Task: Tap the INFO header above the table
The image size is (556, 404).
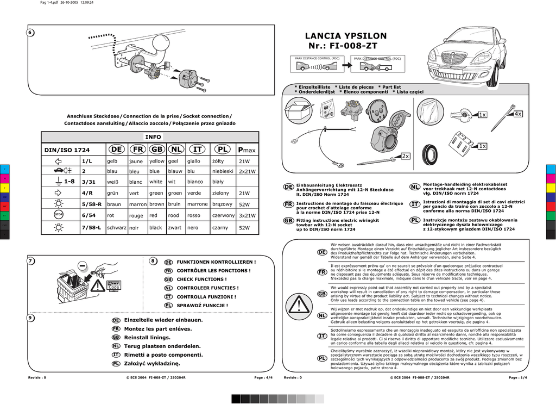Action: coord(153,136)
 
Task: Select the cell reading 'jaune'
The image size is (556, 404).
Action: coord(136,161)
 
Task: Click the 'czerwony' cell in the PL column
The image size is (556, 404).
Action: coord(223,215)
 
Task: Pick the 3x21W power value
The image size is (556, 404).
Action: coord(247,216)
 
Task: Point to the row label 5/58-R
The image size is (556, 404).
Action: coord(92,204)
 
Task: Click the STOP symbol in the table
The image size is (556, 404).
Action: coord(59,216)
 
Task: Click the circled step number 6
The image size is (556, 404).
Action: coord(30,33)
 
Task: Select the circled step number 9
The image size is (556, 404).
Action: coord(30,318)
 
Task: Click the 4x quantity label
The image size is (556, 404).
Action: coord(517,114)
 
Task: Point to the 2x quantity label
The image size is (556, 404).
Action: coord(406,156)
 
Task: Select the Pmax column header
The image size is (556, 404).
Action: coord(247,150)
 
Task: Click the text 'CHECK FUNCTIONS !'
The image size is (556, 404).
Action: coord(201,279)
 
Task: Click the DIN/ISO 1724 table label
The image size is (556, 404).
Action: coord(67,150)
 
